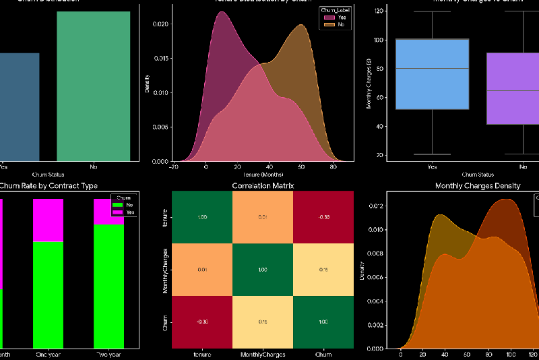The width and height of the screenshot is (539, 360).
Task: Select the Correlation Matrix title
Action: [x=263, y=185]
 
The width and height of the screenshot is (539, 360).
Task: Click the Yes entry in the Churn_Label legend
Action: [x=337, y=18]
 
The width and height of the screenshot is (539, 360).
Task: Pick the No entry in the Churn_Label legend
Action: [x=337, y=24]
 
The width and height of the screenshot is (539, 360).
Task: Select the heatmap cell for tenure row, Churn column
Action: [x=323, y=217]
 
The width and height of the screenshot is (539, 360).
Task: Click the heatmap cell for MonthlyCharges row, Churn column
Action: [x=323, y=270]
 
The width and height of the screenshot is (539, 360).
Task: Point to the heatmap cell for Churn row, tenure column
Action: [x=202, y=322]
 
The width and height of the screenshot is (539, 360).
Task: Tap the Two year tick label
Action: [x=108, y=354]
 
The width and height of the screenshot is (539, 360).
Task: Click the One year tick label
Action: [x=48, y=354]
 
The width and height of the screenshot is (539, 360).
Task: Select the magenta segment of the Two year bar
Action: [x=108, y=212]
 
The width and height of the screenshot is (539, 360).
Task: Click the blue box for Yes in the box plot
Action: [x=433, y=74]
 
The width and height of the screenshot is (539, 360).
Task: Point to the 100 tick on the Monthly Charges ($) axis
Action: [x=381, y=40]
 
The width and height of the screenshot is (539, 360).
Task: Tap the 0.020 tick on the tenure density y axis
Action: [x=160, y=24]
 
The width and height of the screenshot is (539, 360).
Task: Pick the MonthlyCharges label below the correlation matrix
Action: [x=263, y=354]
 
